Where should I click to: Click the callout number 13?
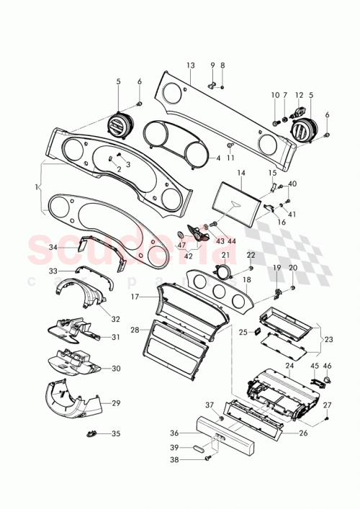(190, 66)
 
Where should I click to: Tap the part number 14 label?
(241, 174)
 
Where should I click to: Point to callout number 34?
(53, 246)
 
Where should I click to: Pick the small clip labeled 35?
(91, 433)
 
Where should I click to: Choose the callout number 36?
(174, 433)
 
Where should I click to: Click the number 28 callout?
(135, 330)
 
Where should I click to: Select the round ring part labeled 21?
(223, 271)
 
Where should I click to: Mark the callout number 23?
(330, 339)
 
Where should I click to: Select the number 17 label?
(133, 296)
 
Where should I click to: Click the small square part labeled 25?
(254, 332)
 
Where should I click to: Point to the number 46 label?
(328, 366)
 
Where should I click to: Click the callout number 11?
(230, 158)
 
